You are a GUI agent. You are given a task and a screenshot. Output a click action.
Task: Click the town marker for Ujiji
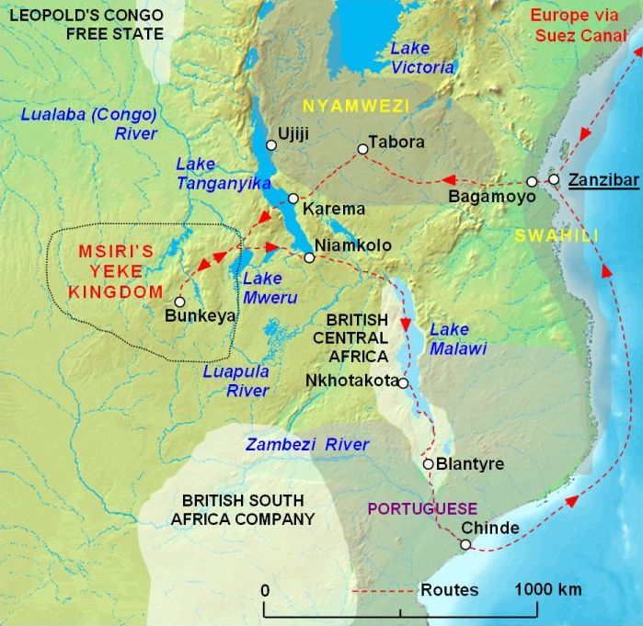click(x=271, y=144)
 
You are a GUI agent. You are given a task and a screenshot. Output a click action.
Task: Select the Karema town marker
click(x=293, y=199)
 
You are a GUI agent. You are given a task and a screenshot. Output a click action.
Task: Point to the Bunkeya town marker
click(x=179, y=301)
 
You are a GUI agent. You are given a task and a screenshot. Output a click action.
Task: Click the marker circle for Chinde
click(x=465, y=545)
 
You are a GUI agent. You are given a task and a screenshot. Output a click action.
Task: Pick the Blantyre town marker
click(x=428, y=464)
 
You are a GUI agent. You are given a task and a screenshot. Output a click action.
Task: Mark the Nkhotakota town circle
click(x=403, y=381)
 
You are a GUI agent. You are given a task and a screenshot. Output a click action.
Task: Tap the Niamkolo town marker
click(x=309, y=257)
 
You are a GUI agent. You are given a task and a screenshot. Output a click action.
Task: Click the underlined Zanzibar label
click(x=603, y=180)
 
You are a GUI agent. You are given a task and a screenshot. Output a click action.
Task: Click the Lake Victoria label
click(x=422, y=57)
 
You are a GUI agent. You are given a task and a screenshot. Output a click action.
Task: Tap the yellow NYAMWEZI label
click(x=356, y=106)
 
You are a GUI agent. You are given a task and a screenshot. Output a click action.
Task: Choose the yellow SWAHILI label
click(x=557, y=235)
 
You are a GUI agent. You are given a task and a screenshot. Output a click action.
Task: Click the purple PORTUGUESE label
click(x=422, y=508)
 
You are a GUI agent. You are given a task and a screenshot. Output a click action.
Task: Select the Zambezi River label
click(x=306, y=445)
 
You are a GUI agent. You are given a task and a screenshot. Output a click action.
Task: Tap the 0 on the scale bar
click(x=265, y=589)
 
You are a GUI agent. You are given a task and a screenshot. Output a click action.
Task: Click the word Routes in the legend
click(x=449, y=589)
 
